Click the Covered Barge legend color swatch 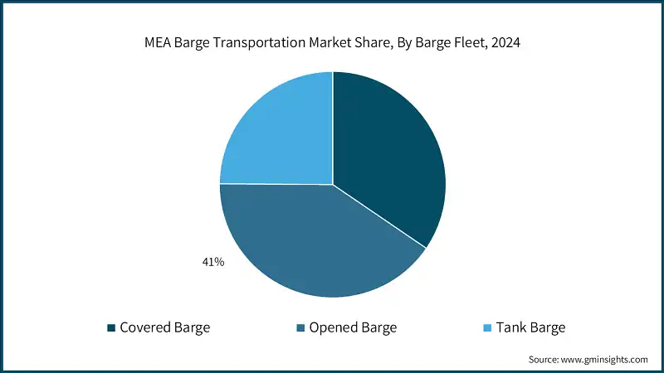(111, 327)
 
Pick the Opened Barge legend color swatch (300, 327)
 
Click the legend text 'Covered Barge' (165, 327)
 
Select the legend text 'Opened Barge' (353, 327)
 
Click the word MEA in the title (159, 43)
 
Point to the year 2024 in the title (505, 43)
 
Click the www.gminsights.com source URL (604, 360)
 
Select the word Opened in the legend (332, 327)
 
